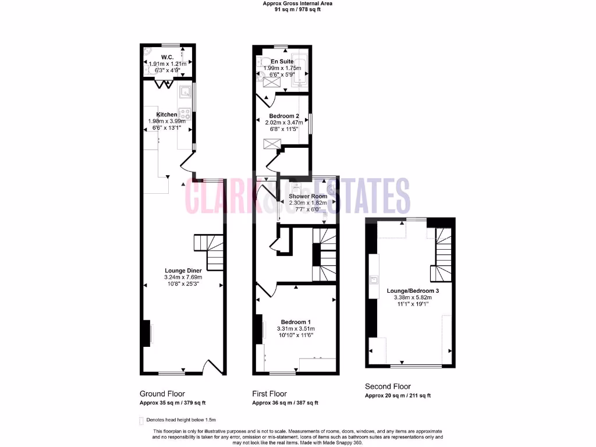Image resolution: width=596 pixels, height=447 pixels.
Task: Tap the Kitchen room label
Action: [x=166, y=115]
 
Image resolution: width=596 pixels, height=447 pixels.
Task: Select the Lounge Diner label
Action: [x=183, y=271]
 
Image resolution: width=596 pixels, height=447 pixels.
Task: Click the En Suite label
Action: [x=282, y=61]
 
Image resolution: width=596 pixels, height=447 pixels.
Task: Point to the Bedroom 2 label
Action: [x=284, y=116]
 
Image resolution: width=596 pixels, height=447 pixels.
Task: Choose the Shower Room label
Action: [x=308, y=196]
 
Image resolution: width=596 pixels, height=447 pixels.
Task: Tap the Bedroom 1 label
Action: [x=296, y=322]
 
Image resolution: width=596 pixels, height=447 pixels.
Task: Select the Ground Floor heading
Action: [x=162, y=393]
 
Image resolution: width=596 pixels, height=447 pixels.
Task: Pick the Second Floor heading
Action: [x=388, y=386]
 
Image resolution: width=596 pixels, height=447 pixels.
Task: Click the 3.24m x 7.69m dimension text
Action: [x=183, y=278]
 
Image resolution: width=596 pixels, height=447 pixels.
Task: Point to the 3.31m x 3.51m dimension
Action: [x=296, y=329]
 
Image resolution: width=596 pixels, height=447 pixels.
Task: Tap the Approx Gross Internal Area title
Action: [x=298, y=3]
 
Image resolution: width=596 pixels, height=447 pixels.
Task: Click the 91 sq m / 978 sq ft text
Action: [x=298, y=10]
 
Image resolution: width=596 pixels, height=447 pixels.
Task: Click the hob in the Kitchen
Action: [x=186, y=114]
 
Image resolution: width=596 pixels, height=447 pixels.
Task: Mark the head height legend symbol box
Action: [x=141, y=420]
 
